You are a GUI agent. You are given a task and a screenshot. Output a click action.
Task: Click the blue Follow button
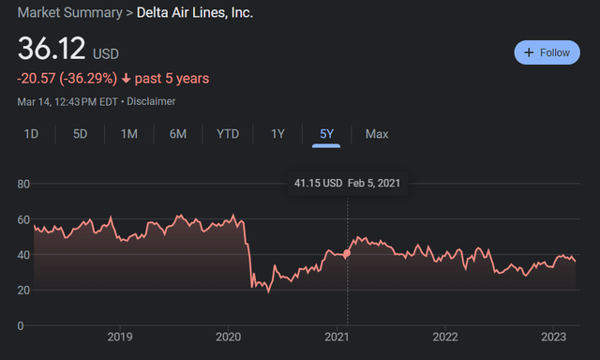pos(547,52)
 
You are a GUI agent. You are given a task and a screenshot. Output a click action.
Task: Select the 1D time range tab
pos(31,134)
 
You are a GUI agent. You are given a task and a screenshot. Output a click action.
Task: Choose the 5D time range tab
pos(80,134)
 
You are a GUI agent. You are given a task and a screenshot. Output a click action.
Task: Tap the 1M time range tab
pos(128,134)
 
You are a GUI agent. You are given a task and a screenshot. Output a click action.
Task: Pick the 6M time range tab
pos(178,134)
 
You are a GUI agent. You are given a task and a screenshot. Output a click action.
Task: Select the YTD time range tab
pos(228,134)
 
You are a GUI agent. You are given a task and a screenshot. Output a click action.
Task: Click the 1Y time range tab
pos(277,134)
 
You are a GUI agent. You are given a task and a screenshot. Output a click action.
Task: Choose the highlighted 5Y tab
pos(326,134)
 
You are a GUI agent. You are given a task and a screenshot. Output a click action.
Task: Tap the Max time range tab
pos(377,134)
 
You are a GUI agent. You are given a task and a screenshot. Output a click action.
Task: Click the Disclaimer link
pos(152,101)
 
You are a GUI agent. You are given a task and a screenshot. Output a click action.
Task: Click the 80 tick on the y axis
pos(24,184)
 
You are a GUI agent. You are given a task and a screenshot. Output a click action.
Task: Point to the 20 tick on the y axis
pos(24,290)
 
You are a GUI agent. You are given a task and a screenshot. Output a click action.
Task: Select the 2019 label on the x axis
pos(120,337)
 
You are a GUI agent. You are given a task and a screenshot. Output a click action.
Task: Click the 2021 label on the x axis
pos(337,337)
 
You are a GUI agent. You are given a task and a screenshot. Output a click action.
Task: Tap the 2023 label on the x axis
pos(553,337)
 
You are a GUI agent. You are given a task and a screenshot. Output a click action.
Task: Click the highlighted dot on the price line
pos(348,253)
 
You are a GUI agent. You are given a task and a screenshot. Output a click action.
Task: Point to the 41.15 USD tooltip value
pos(317,183)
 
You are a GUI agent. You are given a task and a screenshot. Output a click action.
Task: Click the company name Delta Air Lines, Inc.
pos(195,13)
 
